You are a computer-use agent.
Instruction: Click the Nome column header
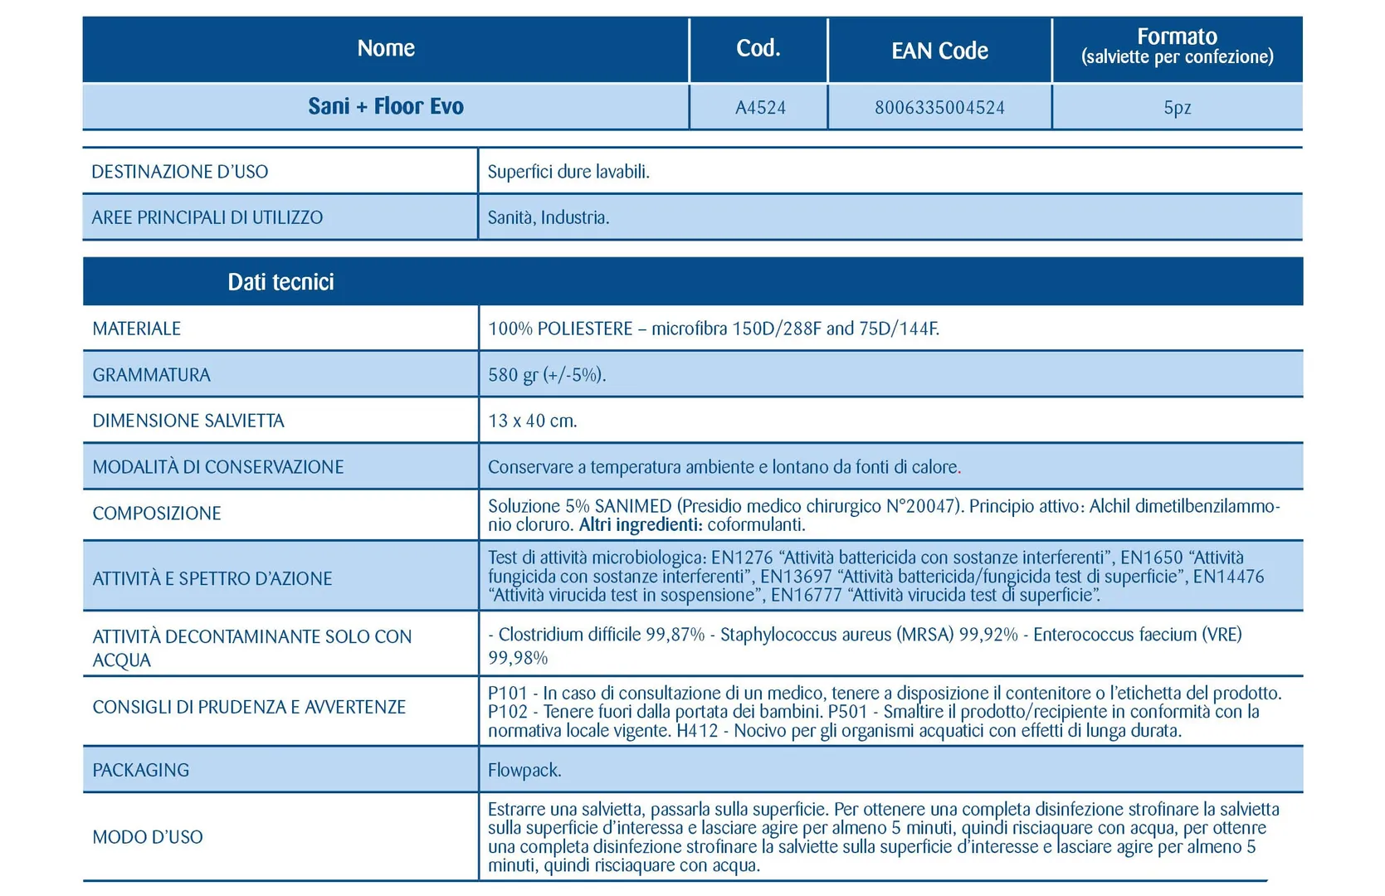pos(386,48)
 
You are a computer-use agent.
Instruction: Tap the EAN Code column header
pos(939,51)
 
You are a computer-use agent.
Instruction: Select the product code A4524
pos(760,107)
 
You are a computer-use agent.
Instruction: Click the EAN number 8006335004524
pos(939,107)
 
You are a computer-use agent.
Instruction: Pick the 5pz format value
pos(1177,107)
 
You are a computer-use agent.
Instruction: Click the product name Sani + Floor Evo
pos(386,106)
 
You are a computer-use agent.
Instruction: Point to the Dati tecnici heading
pos(280,282)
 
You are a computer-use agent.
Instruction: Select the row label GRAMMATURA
pos(151,375)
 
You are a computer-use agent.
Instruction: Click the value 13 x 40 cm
pos(532,421)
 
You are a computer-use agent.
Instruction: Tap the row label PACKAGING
pos(140,770)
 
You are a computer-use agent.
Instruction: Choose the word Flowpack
pos(524,770)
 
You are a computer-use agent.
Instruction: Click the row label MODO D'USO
pos(148,837)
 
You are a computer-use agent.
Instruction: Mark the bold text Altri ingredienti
pos(641,524)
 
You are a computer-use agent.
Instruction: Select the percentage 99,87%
pos(675,635)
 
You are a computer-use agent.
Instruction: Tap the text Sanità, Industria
pos(549,217)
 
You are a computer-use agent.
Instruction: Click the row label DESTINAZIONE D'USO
pos(180,172)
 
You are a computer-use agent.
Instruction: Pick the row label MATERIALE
pos(136,329)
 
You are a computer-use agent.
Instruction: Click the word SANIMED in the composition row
pos(632,506)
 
